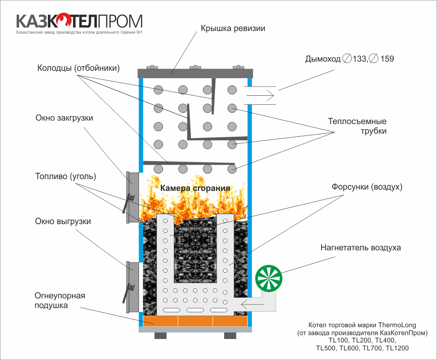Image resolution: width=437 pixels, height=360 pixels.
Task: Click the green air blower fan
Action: point(269,278)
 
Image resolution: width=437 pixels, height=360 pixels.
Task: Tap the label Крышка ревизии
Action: point(233,28)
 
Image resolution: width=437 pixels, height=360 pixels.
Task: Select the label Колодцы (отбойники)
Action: point(79,68)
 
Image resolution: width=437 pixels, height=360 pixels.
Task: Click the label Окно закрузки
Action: point(64,118)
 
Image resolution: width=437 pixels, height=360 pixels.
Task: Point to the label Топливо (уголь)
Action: point(66,177)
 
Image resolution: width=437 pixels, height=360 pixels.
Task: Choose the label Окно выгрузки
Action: point(63,222)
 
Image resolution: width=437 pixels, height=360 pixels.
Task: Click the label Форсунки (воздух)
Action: point(367,187)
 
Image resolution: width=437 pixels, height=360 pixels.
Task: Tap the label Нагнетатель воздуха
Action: point(361,248)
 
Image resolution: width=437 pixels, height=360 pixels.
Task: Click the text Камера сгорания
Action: point(195,188)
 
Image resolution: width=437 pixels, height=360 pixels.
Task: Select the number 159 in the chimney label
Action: point(387,59)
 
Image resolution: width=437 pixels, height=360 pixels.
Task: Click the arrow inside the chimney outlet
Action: point(260,96)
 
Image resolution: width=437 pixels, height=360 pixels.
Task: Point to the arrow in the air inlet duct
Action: point(252,304)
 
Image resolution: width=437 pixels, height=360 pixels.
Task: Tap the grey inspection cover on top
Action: point(195,73)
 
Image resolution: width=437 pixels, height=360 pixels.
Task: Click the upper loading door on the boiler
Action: point(133,197)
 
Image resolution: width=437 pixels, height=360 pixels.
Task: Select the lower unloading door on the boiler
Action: point(133,287)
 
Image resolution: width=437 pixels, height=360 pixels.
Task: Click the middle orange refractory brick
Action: point(195,321)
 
